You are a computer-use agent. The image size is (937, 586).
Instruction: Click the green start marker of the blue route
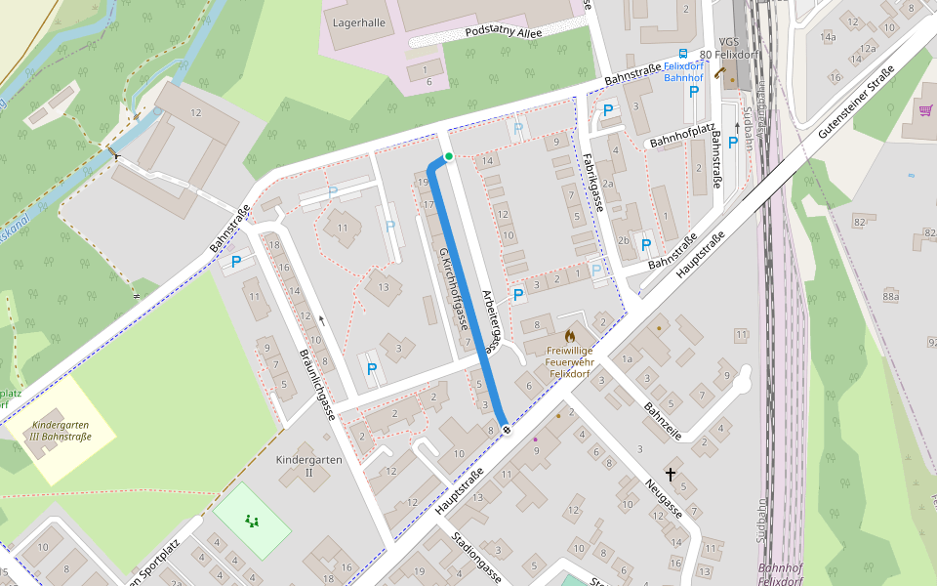coord(448,156)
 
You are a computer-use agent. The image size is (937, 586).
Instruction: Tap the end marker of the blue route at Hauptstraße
coord(505,429)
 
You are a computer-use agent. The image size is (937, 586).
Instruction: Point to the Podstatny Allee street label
coord(505,30)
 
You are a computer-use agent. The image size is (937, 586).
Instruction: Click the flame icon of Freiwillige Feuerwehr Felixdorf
coord(570,335)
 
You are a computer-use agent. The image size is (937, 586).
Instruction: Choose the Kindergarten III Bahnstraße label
coord(61,432)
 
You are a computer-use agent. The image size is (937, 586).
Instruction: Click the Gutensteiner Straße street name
coord(857,103)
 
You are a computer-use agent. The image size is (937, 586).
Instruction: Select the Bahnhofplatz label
coord(676,142)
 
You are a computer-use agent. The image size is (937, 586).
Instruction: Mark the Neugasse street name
coord(664,497)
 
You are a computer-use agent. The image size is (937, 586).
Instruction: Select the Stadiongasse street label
coord(477,558)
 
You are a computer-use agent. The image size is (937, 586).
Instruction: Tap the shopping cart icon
coord(924,109)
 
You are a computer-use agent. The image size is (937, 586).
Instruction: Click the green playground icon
coord(253,521)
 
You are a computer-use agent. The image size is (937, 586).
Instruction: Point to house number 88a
coord(890,296)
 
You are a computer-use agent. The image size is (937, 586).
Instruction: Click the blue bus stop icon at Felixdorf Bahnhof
coord(682,55)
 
